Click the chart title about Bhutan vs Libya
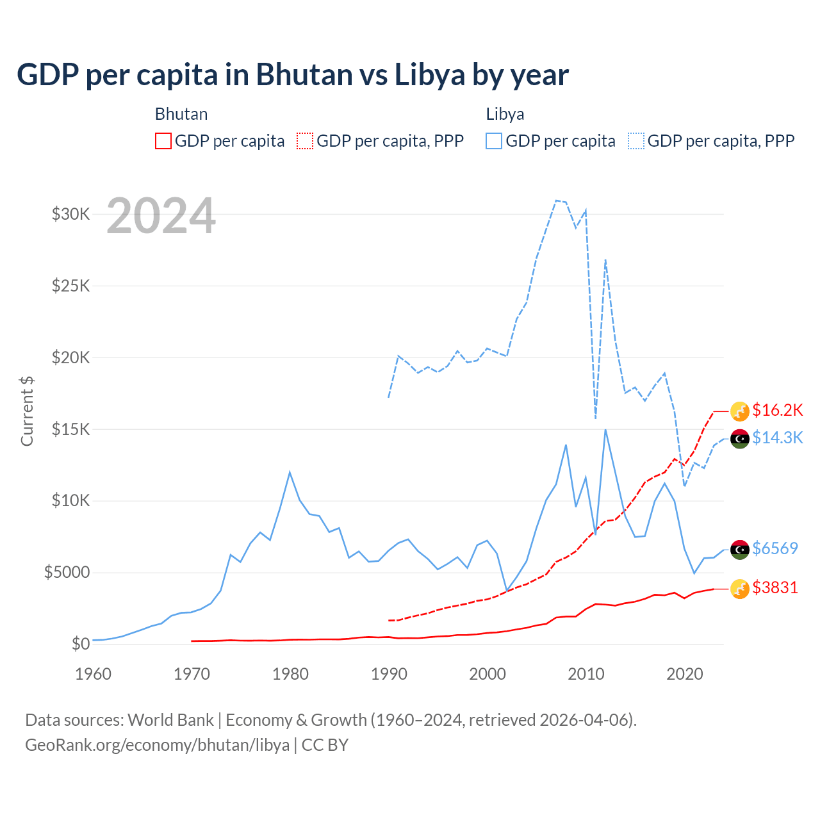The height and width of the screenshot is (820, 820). coord(293,75)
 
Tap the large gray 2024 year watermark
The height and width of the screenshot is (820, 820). coord(161,216)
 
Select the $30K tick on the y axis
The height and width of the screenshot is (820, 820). coord(70,214)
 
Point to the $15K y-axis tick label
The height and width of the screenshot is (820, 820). coord(70,429)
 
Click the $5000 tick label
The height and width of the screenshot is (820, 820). coord(67,572)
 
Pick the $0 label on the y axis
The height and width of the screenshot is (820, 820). coord(80,644)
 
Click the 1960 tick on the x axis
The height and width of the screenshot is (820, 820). coord(94,674)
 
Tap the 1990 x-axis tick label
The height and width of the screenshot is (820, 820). coord(389,674)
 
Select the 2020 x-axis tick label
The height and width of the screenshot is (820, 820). coord(685,674)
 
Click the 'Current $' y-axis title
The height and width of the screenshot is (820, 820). coord(27,411)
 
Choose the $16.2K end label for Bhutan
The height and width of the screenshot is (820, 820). coord(778,410)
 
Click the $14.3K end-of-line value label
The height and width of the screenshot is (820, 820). coord(778,438)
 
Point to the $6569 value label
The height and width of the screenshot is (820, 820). coord(775,548)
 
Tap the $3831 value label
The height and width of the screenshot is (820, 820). coord(775,587)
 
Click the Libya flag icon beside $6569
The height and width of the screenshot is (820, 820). coord(740,549)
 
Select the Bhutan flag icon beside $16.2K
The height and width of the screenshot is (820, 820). coord(740,411)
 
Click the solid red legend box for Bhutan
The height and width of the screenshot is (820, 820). coord(163,141)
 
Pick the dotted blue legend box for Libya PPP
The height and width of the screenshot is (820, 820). coord(636,141)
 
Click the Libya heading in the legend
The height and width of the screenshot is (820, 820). coord(505,114)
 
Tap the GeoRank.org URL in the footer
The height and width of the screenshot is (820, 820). coord(157,745)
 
